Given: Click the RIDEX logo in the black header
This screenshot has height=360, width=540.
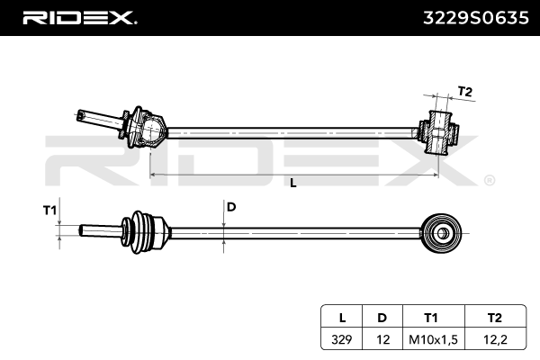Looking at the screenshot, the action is [79, 18].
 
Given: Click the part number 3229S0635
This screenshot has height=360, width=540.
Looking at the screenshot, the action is [475, 18].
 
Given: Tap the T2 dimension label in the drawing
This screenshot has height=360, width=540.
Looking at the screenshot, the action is [464, 92].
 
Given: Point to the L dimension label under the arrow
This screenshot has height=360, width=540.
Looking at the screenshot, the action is [293, 183].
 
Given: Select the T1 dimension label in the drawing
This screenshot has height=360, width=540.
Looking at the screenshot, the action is [49, 210].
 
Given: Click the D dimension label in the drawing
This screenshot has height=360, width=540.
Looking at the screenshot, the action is [231, 207].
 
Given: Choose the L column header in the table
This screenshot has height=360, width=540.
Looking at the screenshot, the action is [342, 318].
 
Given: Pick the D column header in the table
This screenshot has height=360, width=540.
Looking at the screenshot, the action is [382, 318].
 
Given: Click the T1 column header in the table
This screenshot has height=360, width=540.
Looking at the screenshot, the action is [431, 318].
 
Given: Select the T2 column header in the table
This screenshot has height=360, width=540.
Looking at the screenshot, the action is [494, 318].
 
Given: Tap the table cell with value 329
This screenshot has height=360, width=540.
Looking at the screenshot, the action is [342, 339].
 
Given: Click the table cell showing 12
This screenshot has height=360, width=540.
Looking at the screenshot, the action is [382, 339].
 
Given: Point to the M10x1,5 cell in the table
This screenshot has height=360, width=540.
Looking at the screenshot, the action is [434, 339].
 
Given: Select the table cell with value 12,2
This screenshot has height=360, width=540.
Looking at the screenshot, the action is [496, 339].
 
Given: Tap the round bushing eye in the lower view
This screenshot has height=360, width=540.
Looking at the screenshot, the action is [442, 234].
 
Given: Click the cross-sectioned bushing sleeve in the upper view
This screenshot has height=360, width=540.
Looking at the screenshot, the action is [438, 132].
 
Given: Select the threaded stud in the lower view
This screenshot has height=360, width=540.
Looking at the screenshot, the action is [100, 230].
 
